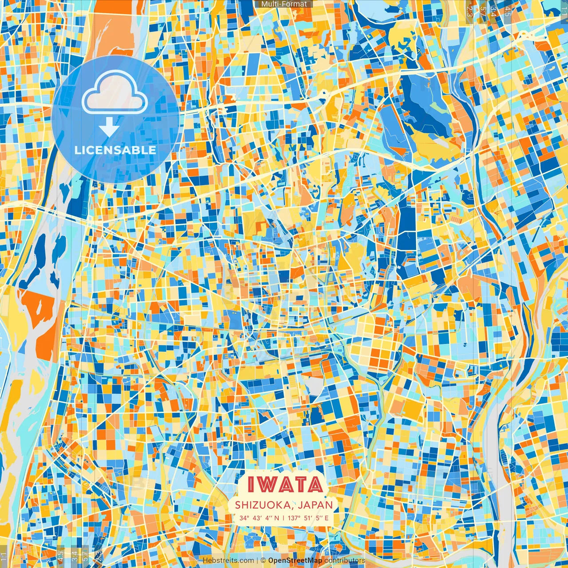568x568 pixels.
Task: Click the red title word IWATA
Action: (284, 485)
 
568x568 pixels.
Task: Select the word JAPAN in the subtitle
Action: (316, 505)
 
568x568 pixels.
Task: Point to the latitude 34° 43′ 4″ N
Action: (260, 517)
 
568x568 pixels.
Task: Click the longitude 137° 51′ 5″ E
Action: (308, 517)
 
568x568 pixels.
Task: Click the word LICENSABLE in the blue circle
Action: (115, 150)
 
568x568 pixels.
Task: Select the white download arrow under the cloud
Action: (108, 127)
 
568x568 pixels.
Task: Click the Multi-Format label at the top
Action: (284, 4)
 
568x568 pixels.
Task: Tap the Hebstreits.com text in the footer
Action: (228, 560)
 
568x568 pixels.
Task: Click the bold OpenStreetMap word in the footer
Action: (295, 560)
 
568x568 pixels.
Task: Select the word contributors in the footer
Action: (345, 560)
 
